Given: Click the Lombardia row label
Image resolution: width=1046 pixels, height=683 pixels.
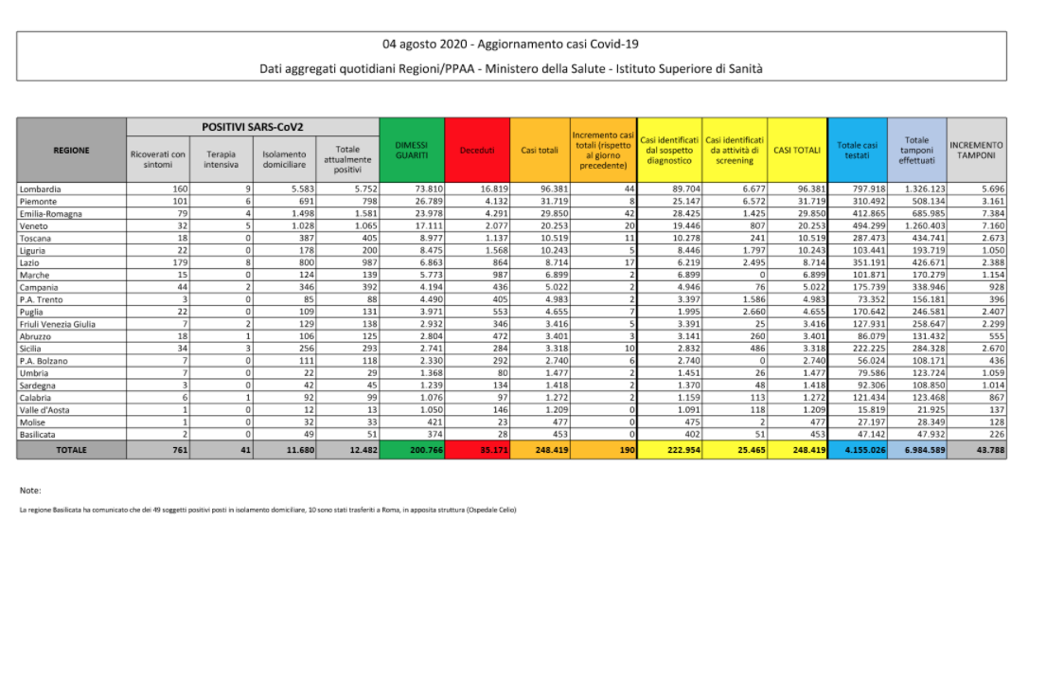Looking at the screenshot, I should [41, 189].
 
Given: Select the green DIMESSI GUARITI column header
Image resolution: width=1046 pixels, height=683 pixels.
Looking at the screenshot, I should [412, 150].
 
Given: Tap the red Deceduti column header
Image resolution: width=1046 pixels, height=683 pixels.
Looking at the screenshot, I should [476, 150].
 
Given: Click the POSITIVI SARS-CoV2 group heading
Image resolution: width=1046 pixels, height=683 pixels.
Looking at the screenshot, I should [253, 126].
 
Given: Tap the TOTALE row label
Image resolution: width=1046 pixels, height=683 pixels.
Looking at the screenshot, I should [71, 450].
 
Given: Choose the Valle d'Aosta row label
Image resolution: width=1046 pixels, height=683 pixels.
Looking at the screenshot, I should [45, 411].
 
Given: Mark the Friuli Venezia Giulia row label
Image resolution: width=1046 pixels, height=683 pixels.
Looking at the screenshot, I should [58, 325].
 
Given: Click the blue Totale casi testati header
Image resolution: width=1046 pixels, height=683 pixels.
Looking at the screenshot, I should [857, 150].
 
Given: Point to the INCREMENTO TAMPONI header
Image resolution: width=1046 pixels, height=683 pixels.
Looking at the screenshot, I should [976, 150].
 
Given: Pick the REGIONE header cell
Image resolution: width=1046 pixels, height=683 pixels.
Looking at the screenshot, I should [71, 150].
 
